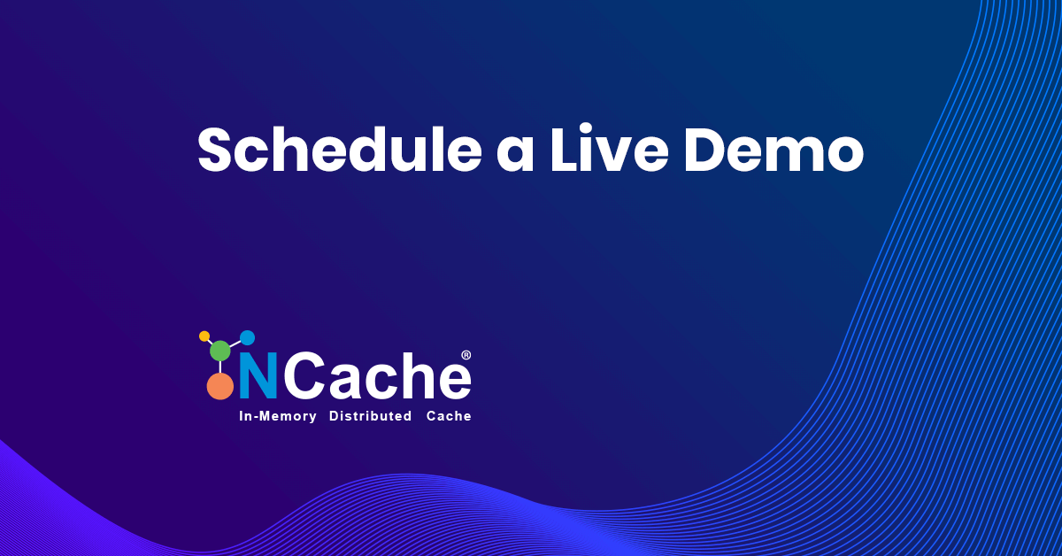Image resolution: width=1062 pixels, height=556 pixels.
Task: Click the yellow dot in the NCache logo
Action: [204, 336]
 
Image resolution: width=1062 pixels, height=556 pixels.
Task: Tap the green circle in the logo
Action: [220, 351]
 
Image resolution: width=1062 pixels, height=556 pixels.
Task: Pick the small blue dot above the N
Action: [248, 337]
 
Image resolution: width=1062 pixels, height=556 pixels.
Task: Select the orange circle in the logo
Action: [220, 387]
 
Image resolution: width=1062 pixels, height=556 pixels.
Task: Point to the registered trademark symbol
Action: [466, 355]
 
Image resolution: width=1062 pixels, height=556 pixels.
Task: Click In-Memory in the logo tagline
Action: [278, 416]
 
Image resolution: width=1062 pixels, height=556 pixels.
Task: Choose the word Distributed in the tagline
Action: [370, 416]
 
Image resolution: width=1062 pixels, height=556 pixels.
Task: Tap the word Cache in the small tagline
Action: [449, 416]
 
